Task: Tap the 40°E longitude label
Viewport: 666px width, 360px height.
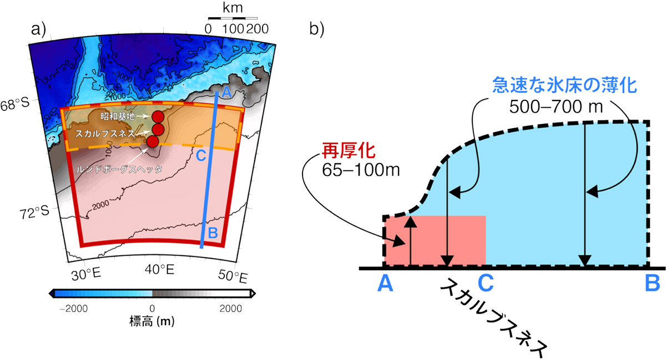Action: coord(160,270)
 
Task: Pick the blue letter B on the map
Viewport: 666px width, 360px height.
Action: coord(213,234)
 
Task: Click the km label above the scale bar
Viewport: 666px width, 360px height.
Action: coord(233,8)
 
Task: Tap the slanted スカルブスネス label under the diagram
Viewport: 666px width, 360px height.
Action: coord(493,319)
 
